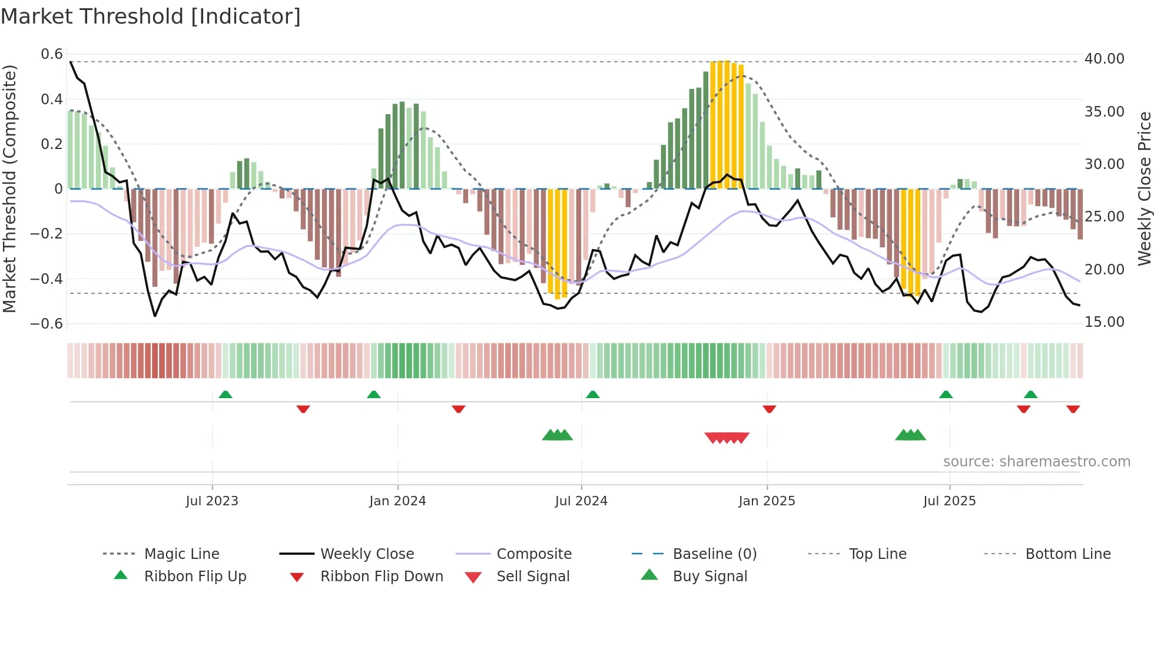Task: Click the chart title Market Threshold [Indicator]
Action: pos(151,16)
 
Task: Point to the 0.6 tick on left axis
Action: pos(52,54)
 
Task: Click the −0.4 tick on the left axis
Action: pos(47,279)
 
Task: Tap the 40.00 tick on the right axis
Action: pos(1104,59)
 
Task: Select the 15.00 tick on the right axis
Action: pos(1104,322)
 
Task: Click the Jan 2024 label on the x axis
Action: pos(397,501)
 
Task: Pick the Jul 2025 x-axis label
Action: pos(949,501)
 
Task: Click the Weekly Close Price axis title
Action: pos(1144,188)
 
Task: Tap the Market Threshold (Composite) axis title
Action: pos(9,188)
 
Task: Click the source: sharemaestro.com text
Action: pos(1036,462)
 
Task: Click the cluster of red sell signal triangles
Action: pos(727,438)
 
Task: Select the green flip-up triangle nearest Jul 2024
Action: pos(593,395)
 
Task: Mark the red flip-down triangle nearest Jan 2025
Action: pos(769,409)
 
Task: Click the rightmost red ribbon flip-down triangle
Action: pos(1073,409)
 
